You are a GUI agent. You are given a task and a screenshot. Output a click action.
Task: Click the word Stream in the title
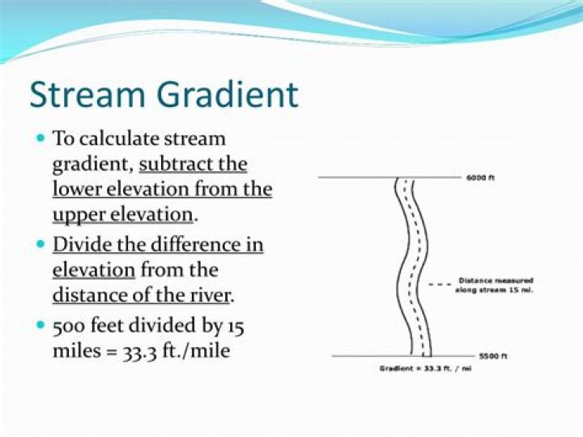point(87,95)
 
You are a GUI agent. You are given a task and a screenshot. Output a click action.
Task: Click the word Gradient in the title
point(228,94)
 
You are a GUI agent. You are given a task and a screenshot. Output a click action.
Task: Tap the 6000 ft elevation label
point(480,178)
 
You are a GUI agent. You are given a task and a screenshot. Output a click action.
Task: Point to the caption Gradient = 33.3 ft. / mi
point(426,369)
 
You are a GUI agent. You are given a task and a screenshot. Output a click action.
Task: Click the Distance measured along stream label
point(495,285)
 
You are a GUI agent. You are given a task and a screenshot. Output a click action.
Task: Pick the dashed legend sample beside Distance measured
point(440,285)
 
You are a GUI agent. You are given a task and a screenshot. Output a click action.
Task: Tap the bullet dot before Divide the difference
point(40,245)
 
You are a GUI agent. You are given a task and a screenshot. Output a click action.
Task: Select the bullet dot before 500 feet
point(40,325)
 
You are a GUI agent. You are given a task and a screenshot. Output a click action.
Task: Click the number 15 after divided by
point(236,327)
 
